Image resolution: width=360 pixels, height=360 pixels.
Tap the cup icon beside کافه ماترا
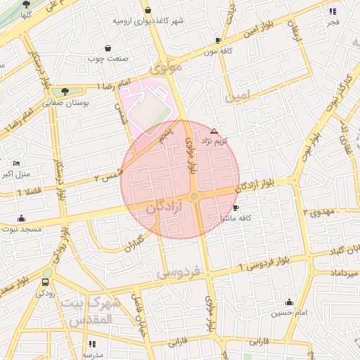pos(236,207)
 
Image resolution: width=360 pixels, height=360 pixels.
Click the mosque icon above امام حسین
pos(290,301)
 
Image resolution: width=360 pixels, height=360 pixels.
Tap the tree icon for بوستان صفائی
pos(65,91)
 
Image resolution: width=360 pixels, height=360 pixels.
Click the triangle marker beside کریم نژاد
pos(214,131)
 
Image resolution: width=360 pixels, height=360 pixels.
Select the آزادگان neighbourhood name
pos(168,209)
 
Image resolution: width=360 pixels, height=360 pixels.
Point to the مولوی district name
pos(166,69)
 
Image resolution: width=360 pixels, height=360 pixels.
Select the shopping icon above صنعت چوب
pos(108,49)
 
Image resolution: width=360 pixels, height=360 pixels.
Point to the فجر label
pos(333,21)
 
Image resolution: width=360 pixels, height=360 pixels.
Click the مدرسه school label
pos(92,354)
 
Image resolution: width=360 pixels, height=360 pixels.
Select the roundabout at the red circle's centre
pos(194,196)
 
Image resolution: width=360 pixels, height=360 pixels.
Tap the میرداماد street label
pos(337,271)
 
